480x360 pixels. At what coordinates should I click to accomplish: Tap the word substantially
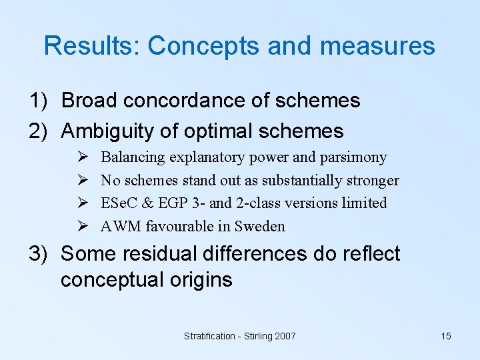303,180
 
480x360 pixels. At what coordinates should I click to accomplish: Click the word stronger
373,180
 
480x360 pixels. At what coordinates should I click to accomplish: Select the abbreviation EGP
174,203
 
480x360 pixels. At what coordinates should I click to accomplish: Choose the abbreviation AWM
121,226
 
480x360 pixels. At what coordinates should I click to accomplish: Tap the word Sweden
261,226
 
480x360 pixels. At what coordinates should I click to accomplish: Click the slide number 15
446,336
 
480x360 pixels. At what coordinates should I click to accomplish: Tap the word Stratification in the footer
207,336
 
